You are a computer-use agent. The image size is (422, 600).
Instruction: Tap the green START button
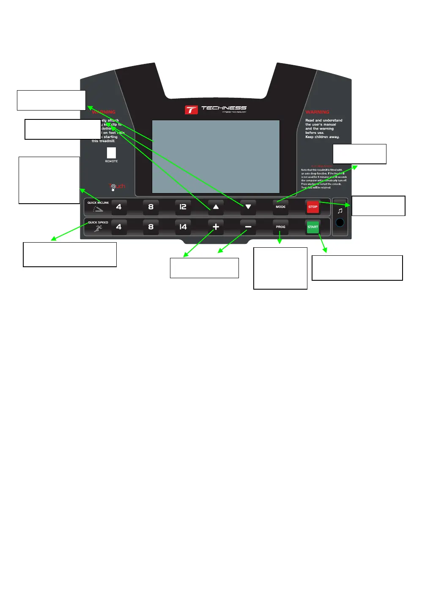point(312,227)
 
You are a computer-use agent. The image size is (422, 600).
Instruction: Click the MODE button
point(280,207)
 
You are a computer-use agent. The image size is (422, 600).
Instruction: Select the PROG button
point(280,227)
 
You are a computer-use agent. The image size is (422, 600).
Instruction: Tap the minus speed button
point(248,227)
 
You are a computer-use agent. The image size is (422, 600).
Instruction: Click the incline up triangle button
point(216,207)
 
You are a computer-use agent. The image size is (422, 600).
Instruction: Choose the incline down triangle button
point(248,207)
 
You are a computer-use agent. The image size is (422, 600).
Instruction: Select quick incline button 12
point(183,207)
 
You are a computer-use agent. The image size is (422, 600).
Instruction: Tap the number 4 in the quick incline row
point(119,207)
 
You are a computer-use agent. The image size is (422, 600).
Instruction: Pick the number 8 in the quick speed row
point(151,227)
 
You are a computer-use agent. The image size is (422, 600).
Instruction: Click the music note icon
point(340,210)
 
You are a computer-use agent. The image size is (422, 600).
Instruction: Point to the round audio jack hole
point(340,222)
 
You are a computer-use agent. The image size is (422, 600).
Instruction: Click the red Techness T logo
point(191,110)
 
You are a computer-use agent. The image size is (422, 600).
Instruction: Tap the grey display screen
point(216,157)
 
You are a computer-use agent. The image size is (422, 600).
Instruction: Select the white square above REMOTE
point(111,152)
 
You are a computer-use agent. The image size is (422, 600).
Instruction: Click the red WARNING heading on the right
point(317,112)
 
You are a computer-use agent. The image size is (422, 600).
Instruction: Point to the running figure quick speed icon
point(98,229)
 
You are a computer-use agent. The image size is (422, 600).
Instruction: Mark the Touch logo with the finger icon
point(117,186)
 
